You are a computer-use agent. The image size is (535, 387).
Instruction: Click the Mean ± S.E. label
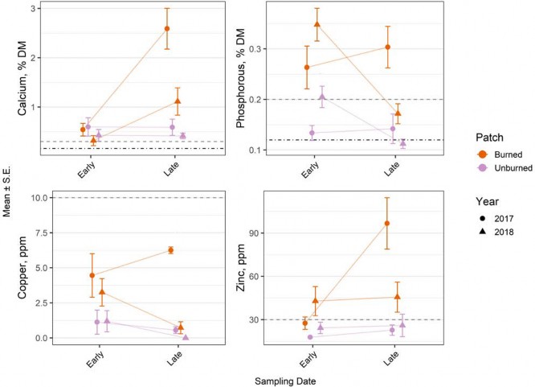tap(6, 193)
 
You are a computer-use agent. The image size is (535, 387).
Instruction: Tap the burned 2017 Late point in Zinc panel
tap(387, 223)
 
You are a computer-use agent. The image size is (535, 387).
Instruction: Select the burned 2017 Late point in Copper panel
tap(170, 250)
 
